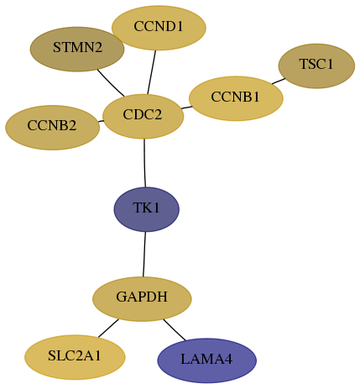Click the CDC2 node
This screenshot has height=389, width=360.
click(x=143, y=116)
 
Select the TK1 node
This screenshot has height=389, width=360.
click(x=146, y=209)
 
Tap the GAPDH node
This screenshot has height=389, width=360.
click(x=142, y=299)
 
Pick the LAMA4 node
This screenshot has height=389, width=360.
click(x=207, y=360)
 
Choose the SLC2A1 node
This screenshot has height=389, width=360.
click(x=75, y=357)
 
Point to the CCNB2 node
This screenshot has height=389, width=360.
click(x=52, y=128)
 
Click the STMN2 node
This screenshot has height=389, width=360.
click(x=77, y=49)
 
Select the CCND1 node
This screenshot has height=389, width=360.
click(x=159, y=28)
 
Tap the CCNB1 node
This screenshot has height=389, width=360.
click(x=236, y=98)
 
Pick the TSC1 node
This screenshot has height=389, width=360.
click(x=316, y=66)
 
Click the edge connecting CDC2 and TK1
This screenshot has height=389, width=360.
click(x=144, y=163)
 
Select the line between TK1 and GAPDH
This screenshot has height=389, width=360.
click(x=144, y=254)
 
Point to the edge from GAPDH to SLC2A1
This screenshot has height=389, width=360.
click(x=108, y=328)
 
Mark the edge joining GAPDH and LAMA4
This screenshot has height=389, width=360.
click(x=175, y=329)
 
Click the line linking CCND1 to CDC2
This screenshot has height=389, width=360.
click(x=152, y=72)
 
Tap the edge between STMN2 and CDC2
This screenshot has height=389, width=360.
click(x=111, y=83)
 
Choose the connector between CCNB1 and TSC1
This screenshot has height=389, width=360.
click(x=279, y=81)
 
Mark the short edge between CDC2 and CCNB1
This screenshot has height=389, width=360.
click(x=186, y=108)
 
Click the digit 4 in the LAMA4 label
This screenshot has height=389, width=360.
click(x=228, y=359)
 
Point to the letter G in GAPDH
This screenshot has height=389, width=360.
click(x=121, y=297)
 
